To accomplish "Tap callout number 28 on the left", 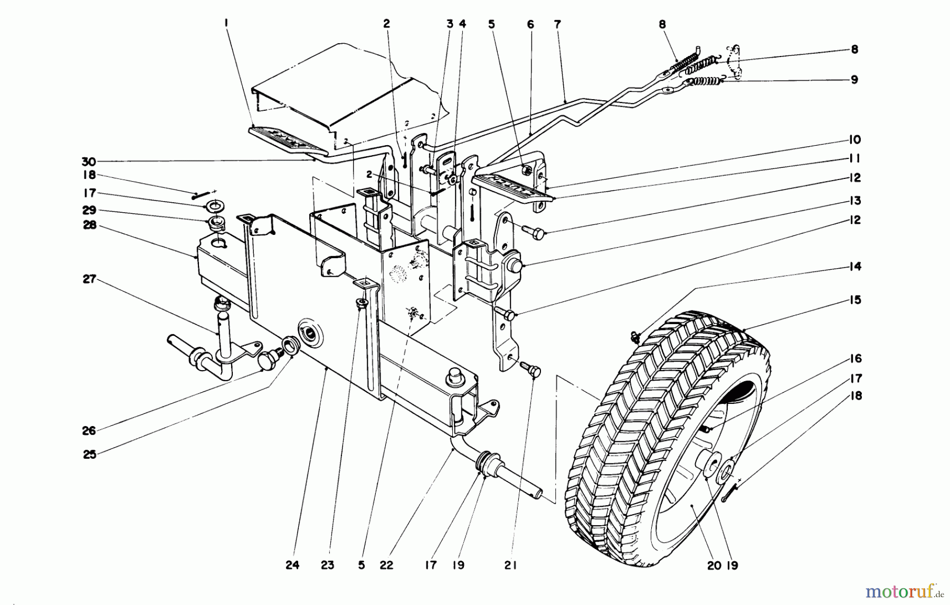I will tap(90, 224).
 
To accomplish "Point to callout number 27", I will tap(89, 279).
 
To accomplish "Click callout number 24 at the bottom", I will tap(292, 565).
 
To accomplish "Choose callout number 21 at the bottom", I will tap(510, 565).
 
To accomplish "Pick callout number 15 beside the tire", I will tap(855, 300).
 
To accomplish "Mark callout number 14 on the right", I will tap(855, 266).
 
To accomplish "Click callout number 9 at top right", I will tap(854, 80).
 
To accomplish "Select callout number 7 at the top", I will tap(558, 24).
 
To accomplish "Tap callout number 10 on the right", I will tap(855, 139).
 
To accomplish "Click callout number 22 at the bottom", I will tap(386, 565).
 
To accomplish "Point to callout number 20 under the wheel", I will tap(714, 565).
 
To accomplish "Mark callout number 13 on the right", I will tap(855, 201).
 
